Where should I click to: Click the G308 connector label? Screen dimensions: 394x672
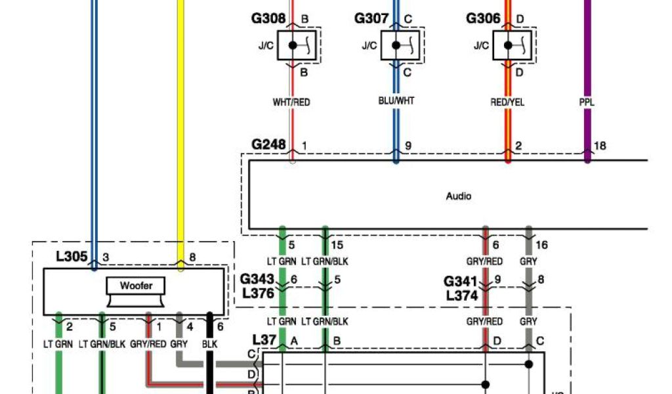(268, 19)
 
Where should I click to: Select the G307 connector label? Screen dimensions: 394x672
(371, 19)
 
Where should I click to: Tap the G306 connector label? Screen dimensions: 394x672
(484, 19)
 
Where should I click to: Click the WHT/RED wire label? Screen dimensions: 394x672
(291, 102)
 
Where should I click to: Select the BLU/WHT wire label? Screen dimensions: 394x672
(396, 101)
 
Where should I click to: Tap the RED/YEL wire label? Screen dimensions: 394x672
(507, 102)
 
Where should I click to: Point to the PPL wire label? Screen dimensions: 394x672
(587, 102)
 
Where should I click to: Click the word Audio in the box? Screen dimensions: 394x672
(459, 196)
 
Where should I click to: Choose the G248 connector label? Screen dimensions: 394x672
(269, 144)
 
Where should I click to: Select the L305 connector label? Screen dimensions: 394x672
(72, 257)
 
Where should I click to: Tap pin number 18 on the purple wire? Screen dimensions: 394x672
(600, 146)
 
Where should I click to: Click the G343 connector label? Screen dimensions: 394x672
(258, 280)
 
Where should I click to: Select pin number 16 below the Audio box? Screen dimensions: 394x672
(543, 245)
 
